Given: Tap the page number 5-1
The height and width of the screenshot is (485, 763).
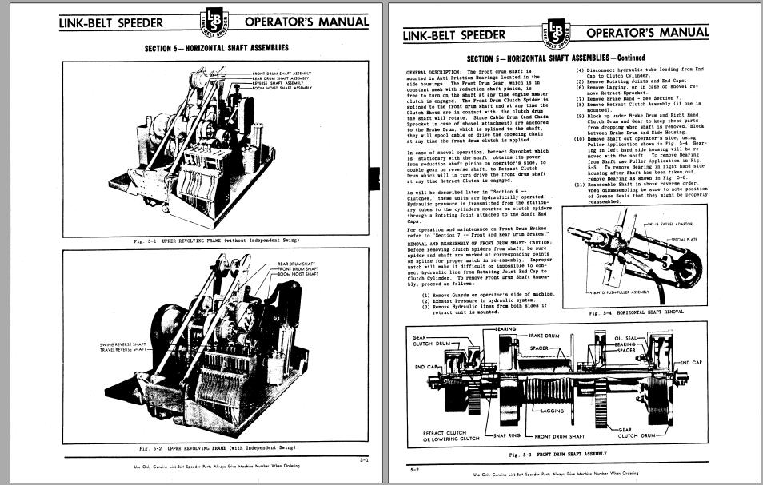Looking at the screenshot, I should click(364, 459).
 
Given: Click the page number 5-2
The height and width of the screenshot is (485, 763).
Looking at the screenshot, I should click(414, 470).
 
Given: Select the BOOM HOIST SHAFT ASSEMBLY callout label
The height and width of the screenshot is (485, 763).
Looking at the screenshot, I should click(282, 88).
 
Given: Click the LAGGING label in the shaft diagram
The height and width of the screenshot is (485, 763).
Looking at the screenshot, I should click(552, 411).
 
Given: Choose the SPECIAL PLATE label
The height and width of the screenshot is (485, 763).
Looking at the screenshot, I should click(686, 239).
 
